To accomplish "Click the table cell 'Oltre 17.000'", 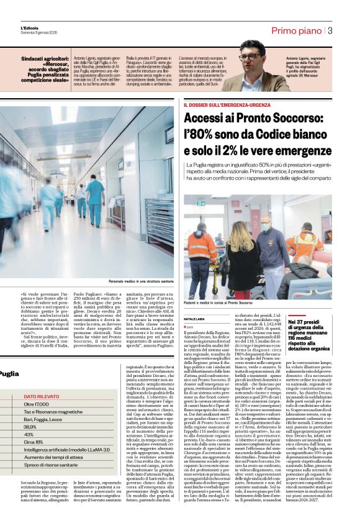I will [x=37, y=404].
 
